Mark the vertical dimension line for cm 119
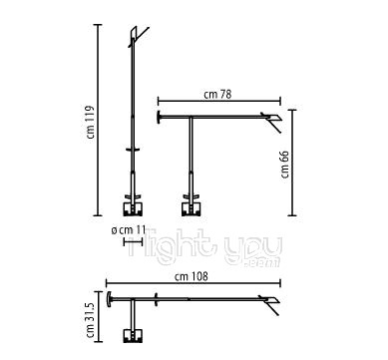[98, 120]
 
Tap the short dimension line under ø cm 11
[128, 242]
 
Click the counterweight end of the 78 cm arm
[162, 121]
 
